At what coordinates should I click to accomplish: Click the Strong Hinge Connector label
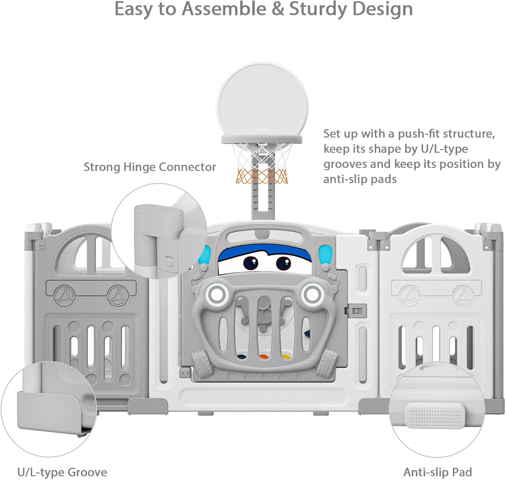pos(150,167)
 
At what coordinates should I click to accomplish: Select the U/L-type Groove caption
pos(62,472)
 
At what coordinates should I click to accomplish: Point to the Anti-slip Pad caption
pos(438,472)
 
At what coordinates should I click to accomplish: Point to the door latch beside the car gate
pos(355,310)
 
